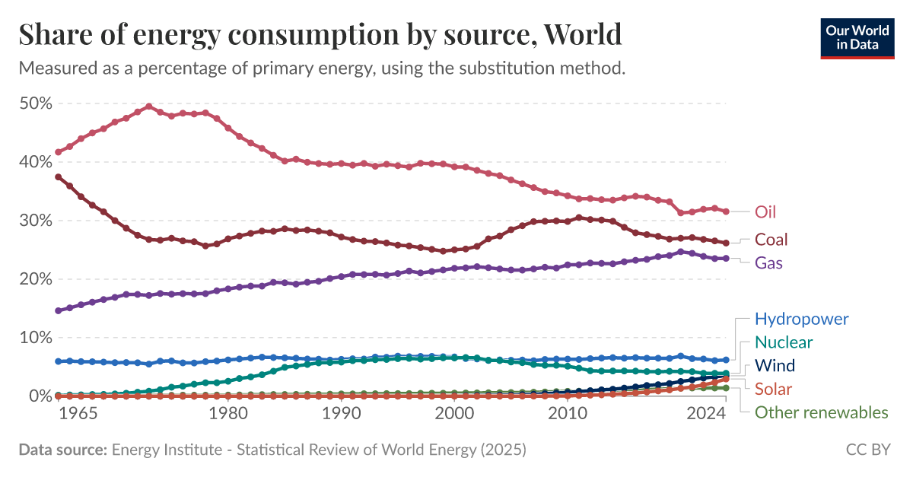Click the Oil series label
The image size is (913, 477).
(765, 211)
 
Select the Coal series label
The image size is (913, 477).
(771, 240)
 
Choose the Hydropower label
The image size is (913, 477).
(801, 319)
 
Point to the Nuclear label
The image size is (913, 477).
(783, 342)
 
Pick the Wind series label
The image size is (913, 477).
(775, 366)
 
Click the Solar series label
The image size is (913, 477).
(773, 389)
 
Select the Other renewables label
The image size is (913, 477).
(821, 412)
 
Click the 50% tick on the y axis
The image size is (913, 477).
(35, 103)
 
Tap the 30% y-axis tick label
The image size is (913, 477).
(35, 221)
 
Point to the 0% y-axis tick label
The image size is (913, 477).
(40, 396)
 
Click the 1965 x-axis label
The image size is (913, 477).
(78, 412)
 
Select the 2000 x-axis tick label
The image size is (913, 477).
(454, 412)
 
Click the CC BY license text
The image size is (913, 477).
(868, 450)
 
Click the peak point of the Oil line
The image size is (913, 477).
(148, 107)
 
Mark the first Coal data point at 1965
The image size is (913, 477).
(59, 176)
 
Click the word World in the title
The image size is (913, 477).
(584, 34)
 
